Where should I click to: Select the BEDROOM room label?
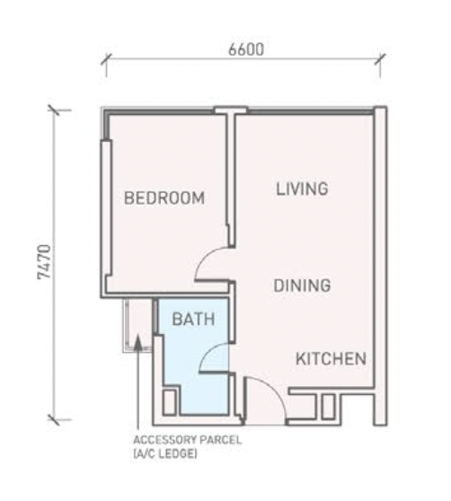[164, 198]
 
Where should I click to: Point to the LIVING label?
[302, 189]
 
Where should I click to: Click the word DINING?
[303, 286]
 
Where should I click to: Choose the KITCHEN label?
[331, 359]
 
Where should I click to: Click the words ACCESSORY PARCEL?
[187, 441]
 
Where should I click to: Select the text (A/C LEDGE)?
[165, 454]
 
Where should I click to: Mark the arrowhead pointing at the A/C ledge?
[137, 341]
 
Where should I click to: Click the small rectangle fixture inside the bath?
[171, 399]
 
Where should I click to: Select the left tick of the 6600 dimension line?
[106, 62]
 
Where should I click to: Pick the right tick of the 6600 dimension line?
[382, 62]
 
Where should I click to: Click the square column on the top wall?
[230, 111]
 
